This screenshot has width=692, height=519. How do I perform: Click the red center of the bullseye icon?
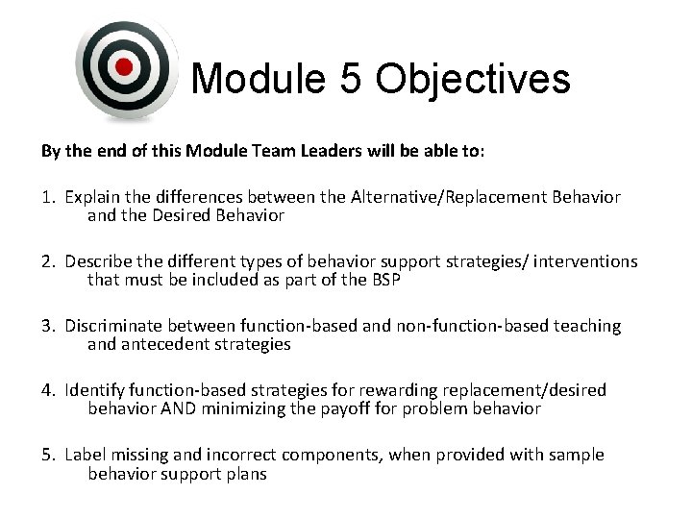tap(124, 66)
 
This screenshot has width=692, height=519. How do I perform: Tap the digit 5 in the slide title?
tap(350, 79)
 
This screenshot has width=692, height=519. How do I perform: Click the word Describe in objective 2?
tap(99, 261)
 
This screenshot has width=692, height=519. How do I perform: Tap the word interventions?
tap(586, 261)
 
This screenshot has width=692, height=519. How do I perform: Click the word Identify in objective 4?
tap(96, 390)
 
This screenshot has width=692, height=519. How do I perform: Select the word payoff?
tap(402, 408)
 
